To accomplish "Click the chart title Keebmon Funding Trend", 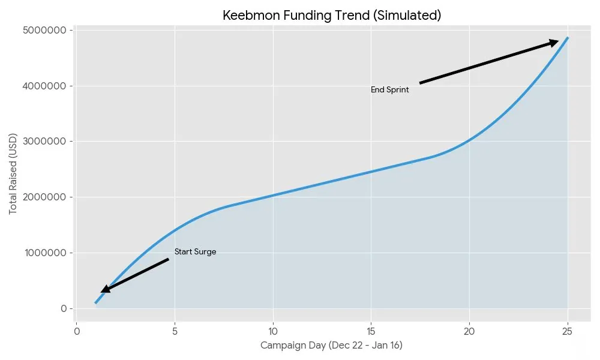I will point(332,16).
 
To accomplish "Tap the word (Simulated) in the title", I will point(406,16).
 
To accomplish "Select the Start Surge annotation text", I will point(195,252).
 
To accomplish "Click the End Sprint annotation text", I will point(389,90).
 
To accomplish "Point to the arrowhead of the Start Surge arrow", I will point(104,290).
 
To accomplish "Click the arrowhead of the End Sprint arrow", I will point(554,42).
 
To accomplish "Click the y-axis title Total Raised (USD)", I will point(13,174).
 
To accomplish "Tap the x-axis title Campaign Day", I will point(332,346).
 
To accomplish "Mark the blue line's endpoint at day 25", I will point(568,38).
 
